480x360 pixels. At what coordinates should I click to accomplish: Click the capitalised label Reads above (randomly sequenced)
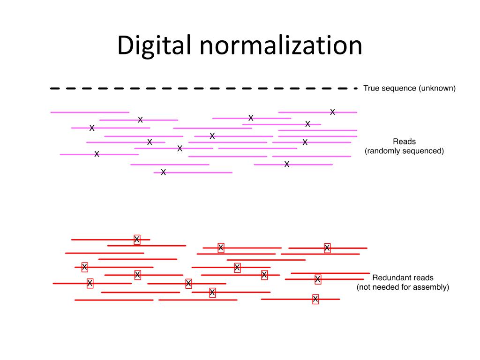point(404,142)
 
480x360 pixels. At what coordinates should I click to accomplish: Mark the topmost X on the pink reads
point(332,112)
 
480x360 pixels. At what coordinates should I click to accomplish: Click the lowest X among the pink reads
point(163,172)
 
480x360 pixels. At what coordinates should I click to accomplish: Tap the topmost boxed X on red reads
point(137,240)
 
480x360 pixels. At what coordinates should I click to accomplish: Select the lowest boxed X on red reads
point(315,299)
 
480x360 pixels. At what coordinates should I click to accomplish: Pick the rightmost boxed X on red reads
point(327,248)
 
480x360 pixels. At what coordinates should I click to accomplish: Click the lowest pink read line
point(193,172)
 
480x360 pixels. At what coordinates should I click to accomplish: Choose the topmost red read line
point(111,240)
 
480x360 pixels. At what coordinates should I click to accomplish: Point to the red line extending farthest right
point(330,273)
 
